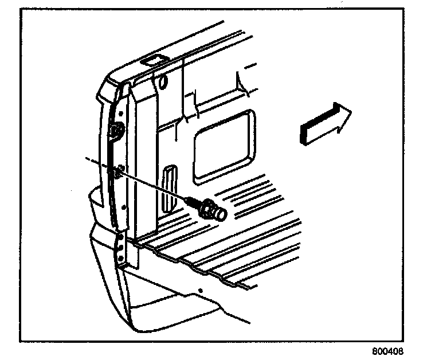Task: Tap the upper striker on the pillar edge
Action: pyautogui.click(x=116, y=131)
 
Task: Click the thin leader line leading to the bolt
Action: pyautogui.click(x=155, y=185)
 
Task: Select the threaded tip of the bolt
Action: pyautogui.click(x=194, y=201)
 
